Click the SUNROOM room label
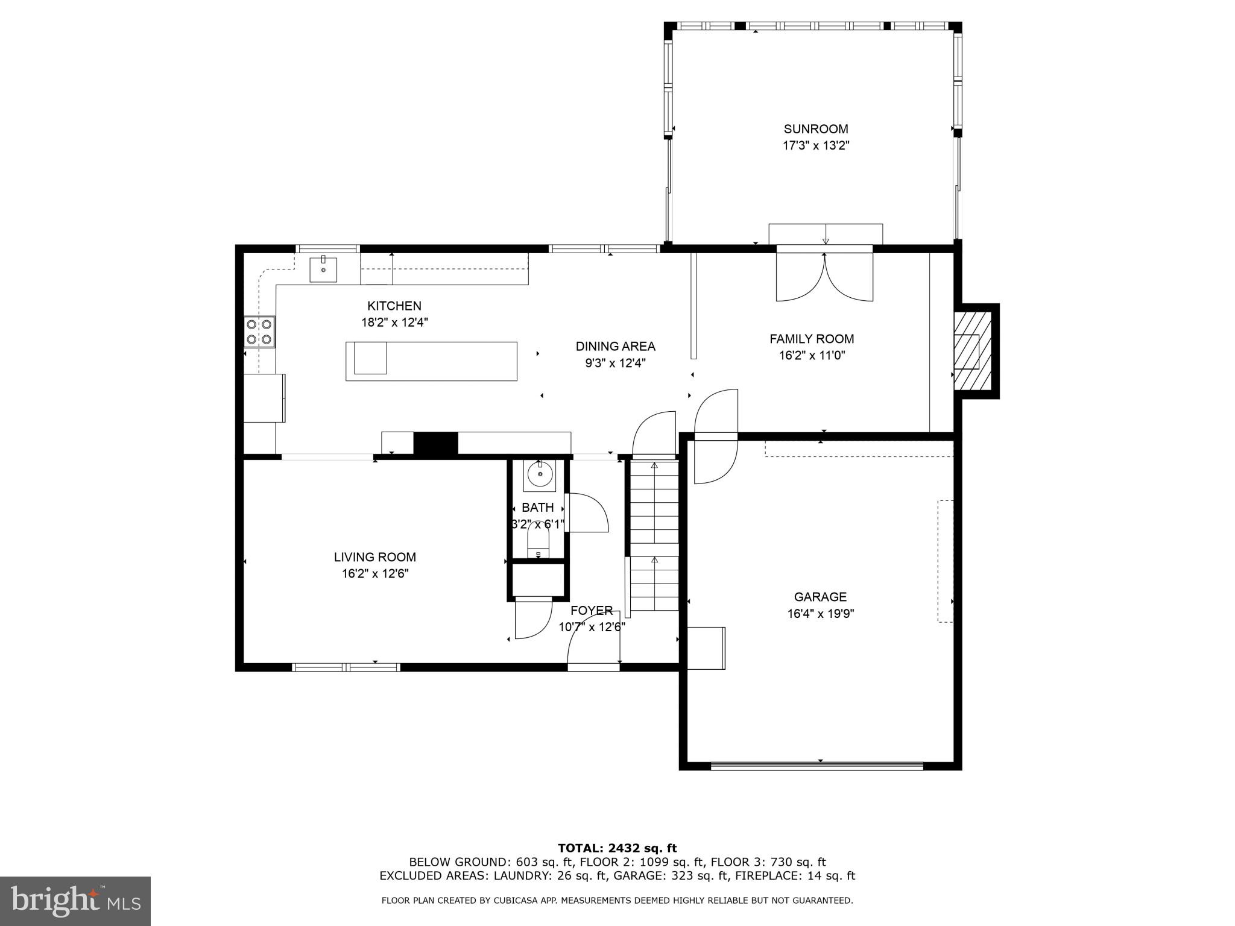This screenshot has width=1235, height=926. pos(815,129)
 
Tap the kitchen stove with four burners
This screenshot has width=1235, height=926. pos(259,332)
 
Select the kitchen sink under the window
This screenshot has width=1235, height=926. pos(323,269)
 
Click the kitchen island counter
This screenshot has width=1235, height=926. pos(431,361)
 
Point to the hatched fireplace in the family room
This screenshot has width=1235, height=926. pos(971,351)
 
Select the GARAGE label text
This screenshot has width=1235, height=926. pos(820,597)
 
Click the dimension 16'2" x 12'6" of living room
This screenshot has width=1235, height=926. pos(375,574)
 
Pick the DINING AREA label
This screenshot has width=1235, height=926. pos(615,346)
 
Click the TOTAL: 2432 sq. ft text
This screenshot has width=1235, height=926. pos(617,848)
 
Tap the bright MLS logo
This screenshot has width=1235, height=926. pos(75,901)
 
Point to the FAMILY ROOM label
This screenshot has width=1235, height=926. pos(812,339)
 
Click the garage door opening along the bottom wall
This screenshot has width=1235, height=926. pos(817,766)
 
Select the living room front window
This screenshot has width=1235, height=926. pos(346,667)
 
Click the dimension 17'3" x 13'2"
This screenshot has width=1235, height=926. pos(815,146)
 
